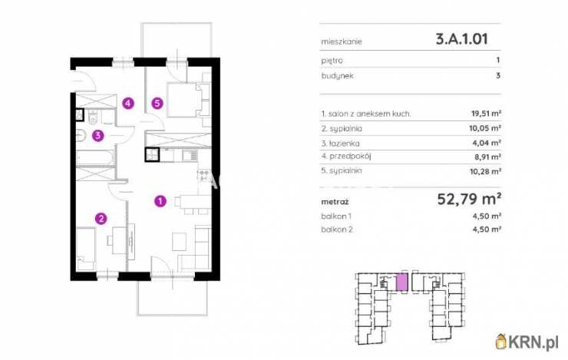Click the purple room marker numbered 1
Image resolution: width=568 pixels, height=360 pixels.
point(160,200)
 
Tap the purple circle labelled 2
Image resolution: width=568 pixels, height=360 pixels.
point(101,219)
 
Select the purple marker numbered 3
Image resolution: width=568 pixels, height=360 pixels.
point(97,136)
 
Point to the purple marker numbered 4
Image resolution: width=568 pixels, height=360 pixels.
point(128,103)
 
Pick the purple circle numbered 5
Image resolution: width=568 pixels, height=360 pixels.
point(157,103)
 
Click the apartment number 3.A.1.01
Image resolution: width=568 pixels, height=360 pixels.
point(462,38)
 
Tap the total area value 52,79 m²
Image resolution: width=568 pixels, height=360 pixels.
point(469,199)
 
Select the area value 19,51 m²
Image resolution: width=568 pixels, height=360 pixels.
point(486,114)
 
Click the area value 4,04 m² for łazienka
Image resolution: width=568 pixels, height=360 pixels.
point(487,143)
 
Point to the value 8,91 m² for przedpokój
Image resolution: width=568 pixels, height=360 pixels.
point(487,157)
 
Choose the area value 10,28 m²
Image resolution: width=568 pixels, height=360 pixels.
point(485,171)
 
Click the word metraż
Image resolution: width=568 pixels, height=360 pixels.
point(335,202)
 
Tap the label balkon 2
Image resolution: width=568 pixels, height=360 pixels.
point(337,230)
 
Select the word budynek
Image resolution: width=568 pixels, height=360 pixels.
point(337,76)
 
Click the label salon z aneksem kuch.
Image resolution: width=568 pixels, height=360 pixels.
point(366,114)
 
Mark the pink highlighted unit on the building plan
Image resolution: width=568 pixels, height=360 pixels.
point(401,282)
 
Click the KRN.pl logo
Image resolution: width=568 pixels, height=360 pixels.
point(527,342)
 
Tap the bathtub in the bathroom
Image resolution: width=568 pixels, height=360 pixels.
point(96,157)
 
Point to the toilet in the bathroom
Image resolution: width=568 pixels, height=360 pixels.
point(93,117)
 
